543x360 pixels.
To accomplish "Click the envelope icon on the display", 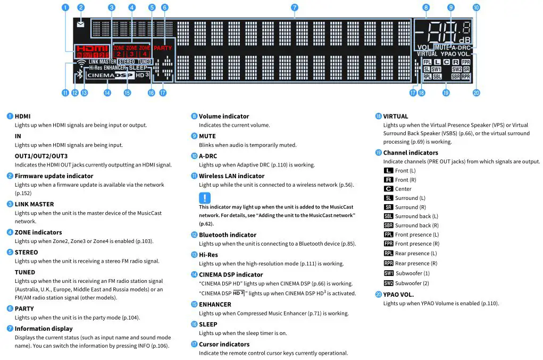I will point(80,24).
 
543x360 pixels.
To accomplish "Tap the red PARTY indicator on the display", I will point(163,48).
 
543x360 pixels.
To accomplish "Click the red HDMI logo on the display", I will point(88,48).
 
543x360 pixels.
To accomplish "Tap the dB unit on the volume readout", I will point(464,40).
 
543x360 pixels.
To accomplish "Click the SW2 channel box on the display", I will point(457,69).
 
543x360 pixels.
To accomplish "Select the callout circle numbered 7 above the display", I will point(294,7).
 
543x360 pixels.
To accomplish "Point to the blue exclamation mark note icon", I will point(205,197).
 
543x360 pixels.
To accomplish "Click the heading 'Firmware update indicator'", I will point(54,176).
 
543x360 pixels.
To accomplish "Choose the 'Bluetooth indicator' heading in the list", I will point(227,235).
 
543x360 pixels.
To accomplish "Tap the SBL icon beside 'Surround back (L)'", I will point(388,216).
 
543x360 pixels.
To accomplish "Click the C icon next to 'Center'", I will point(388,189).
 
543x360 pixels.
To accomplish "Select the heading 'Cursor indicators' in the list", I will point(224,345).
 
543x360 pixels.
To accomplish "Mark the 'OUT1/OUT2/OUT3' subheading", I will point(41,156).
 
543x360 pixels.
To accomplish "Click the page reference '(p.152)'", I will point(23,194).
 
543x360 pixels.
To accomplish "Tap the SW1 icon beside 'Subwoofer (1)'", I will point(388,273).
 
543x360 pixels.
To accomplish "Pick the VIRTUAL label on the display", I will point(427,54).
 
